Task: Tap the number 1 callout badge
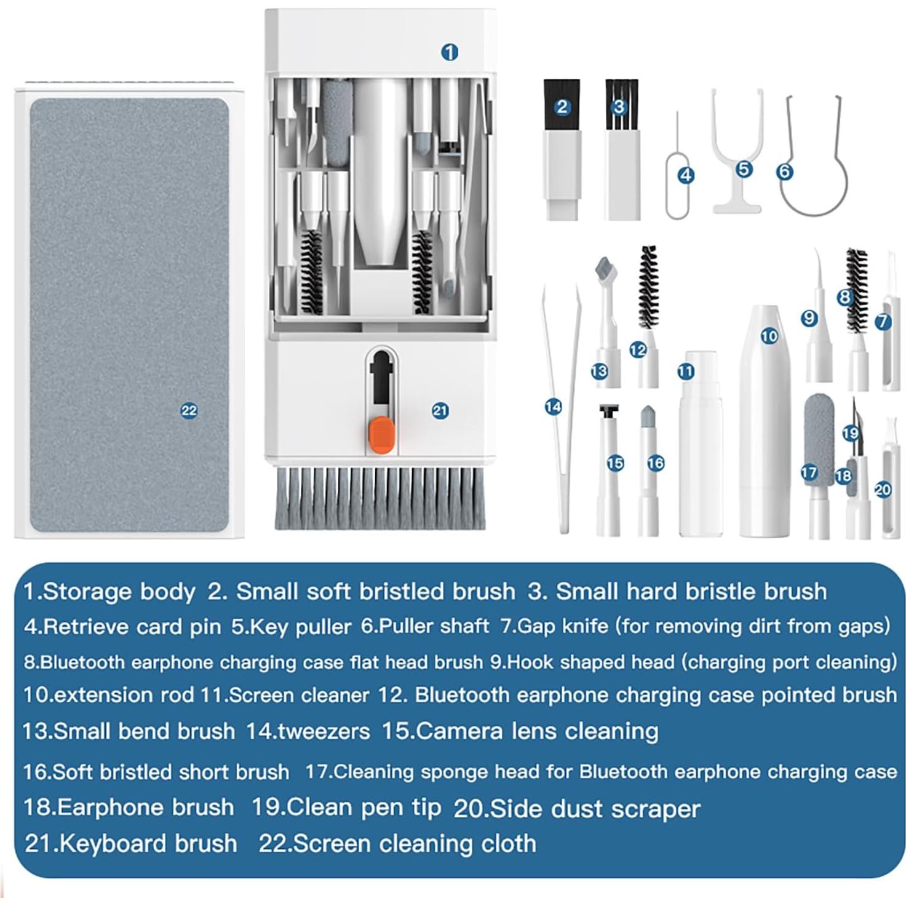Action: coord(450,52)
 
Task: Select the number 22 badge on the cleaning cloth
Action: coord(189,411)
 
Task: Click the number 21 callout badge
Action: coord(440,411)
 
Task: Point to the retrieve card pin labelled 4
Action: coord(677,185)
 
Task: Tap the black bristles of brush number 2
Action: coord(562,105)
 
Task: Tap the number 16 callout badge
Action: coord(656,463)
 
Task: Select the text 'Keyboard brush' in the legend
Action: coord(148,843)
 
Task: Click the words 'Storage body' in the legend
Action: coord(119,591)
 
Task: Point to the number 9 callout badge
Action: coord(809,318)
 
